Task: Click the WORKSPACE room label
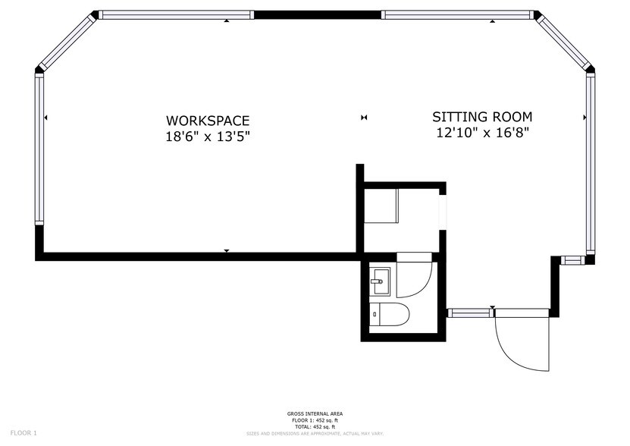coord(208,121)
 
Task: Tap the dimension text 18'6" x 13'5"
coord(208,137)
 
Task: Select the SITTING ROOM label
coord(482,117)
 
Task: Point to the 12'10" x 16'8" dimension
coord(482,133)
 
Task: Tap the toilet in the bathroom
coord(390,313)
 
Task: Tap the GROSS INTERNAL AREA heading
coord(315,413)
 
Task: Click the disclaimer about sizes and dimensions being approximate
coord(315,433)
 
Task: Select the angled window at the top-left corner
coord(66,42)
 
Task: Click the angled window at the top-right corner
coord(565,41)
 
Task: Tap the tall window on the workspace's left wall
coord(39,149)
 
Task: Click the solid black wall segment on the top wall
coord(317,14)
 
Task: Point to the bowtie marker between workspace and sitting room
coord(364,118)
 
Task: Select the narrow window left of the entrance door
coord(470,313)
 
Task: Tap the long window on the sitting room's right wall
coord(590,163)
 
